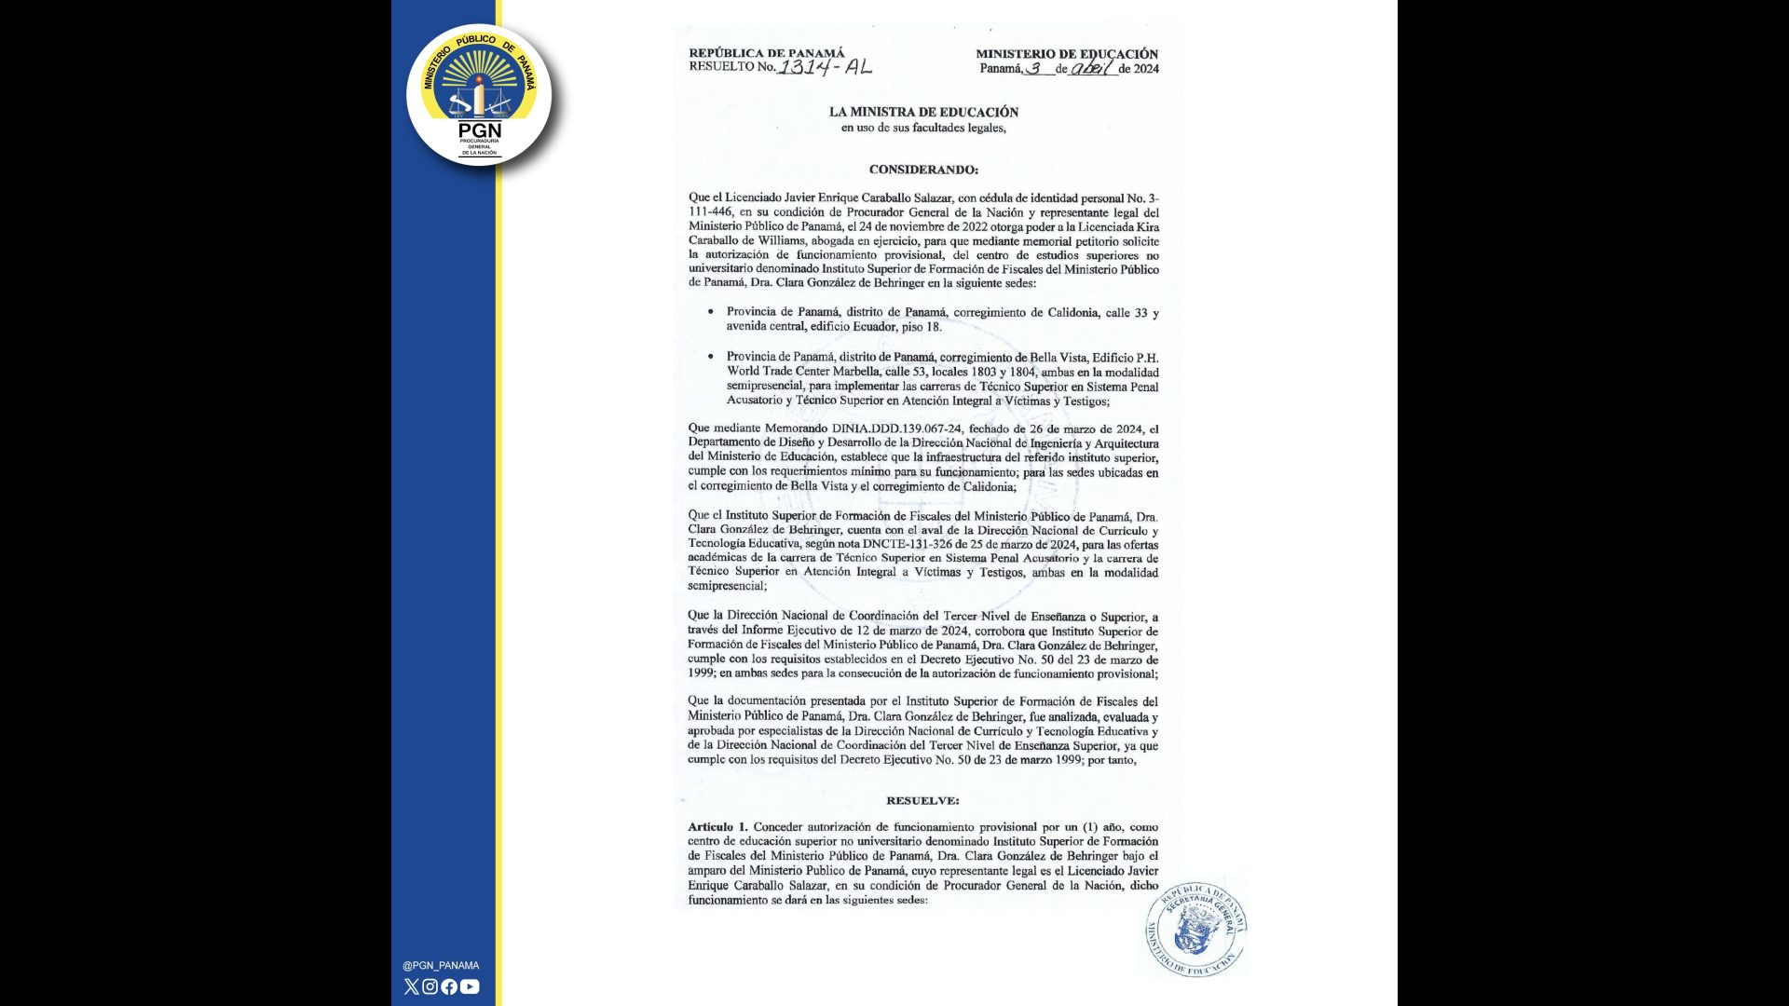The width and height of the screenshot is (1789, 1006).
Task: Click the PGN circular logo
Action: (479, 95)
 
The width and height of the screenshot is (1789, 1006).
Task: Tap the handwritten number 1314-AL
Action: (825, 66)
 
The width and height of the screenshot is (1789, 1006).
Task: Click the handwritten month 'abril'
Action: (1091, 68)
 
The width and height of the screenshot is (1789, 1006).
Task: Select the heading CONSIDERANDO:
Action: (923, 170)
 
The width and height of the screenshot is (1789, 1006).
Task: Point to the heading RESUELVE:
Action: (922, 800)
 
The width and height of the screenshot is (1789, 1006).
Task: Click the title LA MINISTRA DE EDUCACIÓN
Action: (923, 112)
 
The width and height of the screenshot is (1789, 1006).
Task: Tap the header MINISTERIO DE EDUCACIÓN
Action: (1067, 54)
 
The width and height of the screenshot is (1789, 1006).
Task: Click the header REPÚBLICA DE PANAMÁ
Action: (766, 53)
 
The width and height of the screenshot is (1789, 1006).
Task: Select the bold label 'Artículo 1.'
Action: (717, 827)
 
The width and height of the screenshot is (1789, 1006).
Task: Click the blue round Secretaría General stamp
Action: (1196, 929)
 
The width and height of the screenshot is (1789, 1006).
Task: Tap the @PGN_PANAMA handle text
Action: (441, 966)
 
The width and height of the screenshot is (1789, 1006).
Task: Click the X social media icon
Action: (412, 986)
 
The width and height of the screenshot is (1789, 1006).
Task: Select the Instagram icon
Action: (430, 986)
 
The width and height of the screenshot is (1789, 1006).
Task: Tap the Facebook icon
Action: (449, 986)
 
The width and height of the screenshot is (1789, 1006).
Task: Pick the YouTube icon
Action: (470, 986)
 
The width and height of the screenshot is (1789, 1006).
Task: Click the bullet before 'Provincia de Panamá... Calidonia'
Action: (711, 312)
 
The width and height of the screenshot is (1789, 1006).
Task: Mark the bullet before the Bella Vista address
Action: (711, 357)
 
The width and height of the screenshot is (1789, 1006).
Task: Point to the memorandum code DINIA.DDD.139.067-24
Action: (895, 429)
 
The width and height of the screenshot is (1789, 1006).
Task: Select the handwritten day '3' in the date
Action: (1034, 68)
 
